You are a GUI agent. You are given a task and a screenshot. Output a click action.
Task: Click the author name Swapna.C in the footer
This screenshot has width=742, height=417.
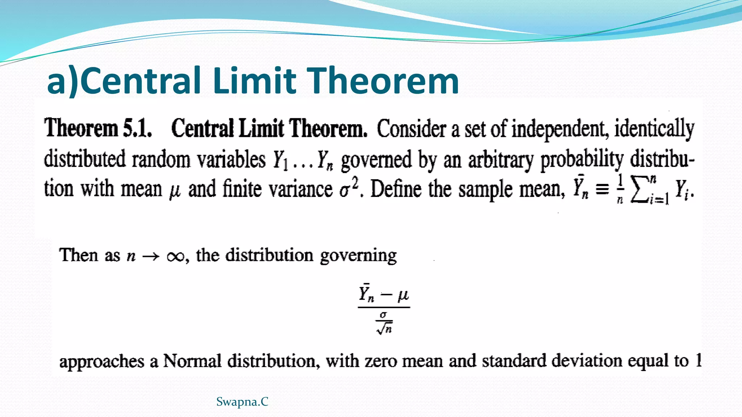point(242,402)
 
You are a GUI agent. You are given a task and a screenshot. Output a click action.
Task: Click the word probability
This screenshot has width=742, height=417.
point(582,160)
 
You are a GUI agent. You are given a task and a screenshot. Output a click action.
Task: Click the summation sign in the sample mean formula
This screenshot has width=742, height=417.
point(639,190)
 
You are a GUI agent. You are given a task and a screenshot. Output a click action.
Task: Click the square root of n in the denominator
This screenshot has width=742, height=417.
point(384,328)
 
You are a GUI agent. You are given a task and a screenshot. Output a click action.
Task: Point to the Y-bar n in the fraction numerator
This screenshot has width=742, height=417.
point(366,294)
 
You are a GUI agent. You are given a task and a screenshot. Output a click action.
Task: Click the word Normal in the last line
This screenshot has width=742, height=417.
point(192,361)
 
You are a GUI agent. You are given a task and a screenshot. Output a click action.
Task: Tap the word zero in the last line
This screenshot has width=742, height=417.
point(381,361)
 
